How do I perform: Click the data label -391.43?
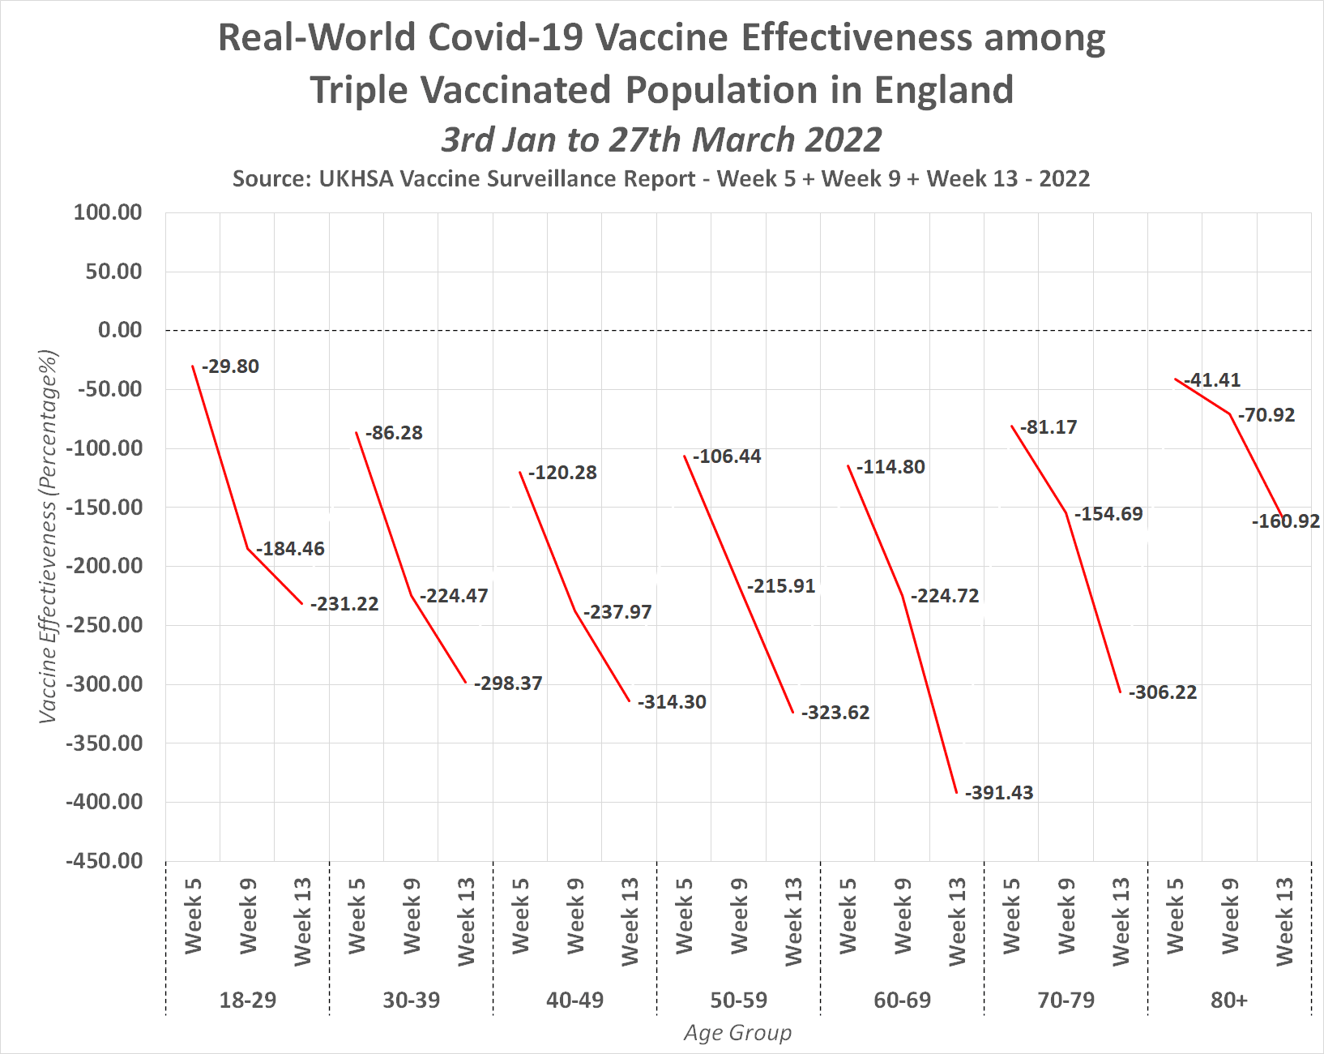[x=999, y=793]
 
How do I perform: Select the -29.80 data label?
[x=230, y=366]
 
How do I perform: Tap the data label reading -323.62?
[x=835, y=713]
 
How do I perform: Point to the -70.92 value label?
[x=1266, y=415]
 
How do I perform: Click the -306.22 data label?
[x=1163, y=692]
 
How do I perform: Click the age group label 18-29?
[x=247, y=1000]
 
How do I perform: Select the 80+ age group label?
[x=1229, y=1000]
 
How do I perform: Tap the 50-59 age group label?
[x=738, y=1000]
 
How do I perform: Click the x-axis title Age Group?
[x=737, y=1032]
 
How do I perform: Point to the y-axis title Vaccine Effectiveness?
[x=49, y=536]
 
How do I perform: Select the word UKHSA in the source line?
[x=355, y=178]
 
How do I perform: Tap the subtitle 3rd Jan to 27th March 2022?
[x=661, y=139]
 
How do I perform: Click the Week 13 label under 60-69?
[x=957, y=921]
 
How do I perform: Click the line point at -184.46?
[x=247, y=549]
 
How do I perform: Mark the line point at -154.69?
[x=1066, y=513]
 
